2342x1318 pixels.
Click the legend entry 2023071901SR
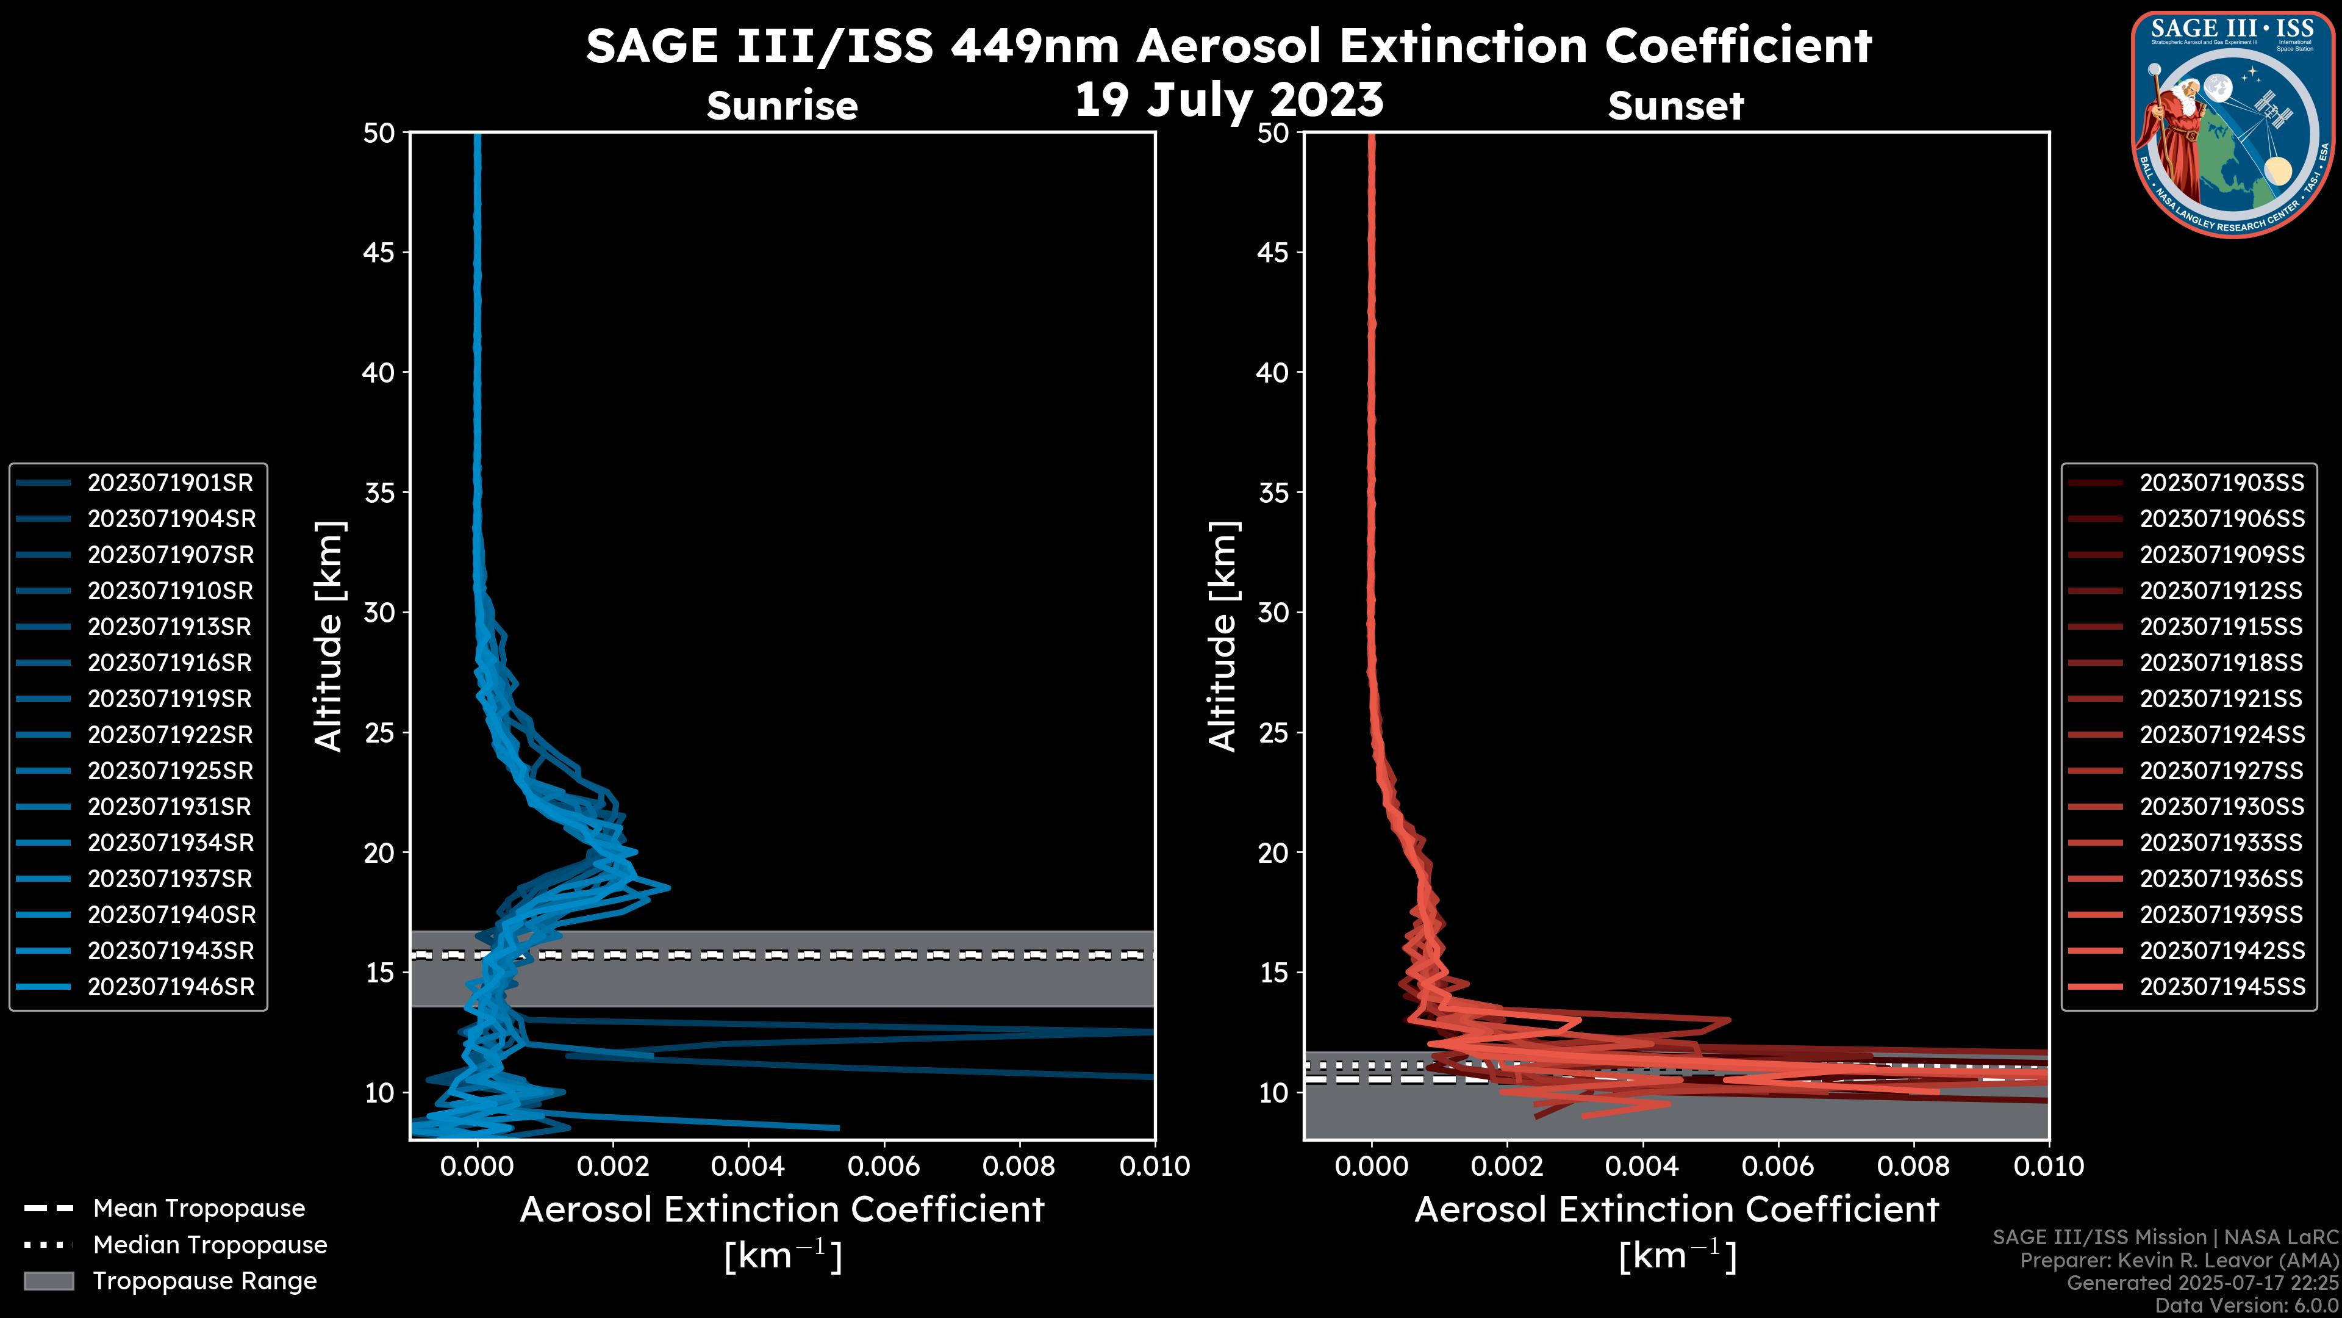point(170,483)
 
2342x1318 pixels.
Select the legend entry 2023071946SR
point(170,987)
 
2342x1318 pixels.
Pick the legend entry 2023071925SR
point(170,771)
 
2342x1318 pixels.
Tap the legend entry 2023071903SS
point(2221,483)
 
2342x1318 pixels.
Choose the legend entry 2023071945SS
point(2221,987)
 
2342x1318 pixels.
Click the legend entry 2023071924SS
point(2221,735)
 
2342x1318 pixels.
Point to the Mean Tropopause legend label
point(198,1209)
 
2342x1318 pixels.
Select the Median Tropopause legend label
point(209,1245)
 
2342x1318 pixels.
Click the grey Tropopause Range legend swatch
point(48,1281)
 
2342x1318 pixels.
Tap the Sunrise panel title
point(782,106)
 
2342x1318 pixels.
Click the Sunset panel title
point(1675,106)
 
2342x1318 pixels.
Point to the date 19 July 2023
point(1229,100)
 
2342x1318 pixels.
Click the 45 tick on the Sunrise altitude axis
point(378,253)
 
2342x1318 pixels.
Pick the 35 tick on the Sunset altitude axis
point(1273,493)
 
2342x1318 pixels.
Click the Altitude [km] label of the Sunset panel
point(1223,636)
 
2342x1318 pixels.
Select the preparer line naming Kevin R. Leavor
point(2179,1261)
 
